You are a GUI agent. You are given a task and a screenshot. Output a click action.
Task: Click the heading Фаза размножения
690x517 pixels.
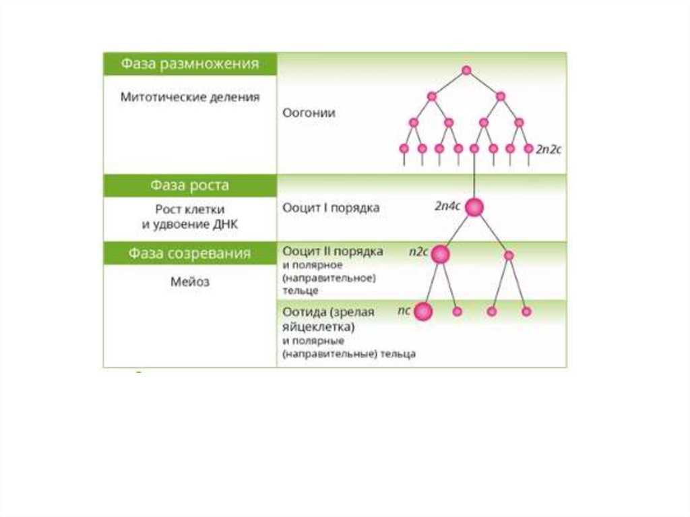[189, 64]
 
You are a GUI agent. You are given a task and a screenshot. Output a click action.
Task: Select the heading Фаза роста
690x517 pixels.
[189, 185]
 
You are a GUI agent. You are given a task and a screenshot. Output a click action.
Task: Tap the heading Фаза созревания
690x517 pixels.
[189, 253]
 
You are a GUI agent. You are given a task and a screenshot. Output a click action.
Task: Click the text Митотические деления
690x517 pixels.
[189, 97]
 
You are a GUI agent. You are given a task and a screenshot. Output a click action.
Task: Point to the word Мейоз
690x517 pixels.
[189, 282]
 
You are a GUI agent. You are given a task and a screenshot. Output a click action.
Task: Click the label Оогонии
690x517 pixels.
[309, 113]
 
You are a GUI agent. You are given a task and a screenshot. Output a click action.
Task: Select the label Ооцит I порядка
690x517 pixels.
[330, 208]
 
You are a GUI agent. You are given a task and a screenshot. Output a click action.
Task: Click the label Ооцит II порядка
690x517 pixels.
[333, 251]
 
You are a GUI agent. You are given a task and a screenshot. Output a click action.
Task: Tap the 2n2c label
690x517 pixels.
[548, 150]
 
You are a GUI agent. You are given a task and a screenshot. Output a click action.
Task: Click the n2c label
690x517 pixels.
[418, 251]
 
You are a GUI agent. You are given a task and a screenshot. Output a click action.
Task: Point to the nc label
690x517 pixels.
[404, 311]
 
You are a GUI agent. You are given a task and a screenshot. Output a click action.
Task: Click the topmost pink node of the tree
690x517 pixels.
[466, 70]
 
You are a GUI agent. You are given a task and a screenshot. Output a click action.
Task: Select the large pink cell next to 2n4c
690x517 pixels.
[474, 208]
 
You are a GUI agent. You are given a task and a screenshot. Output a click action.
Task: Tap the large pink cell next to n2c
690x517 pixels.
[440, 254]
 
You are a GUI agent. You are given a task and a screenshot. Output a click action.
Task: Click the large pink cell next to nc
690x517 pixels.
[422, 311]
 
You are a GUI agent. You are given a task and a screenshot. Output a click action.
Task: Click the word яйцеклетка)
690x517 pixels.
[318, 327]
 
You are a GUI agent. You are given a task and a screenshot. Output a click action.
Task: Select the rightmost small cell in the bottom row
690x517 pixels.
[526, 311]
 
